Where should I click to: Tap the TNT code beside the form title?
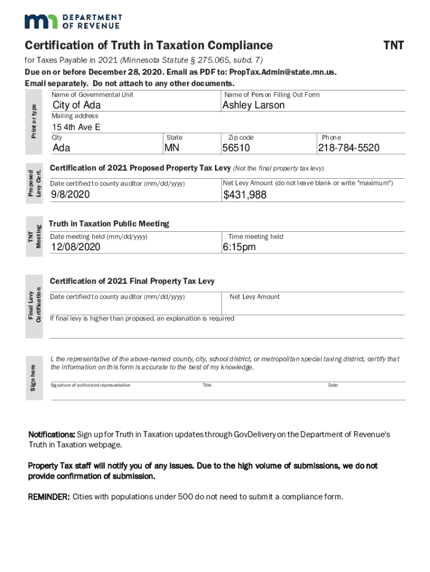(393, 45)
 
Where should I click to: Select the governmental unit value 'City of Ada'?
(77, 106)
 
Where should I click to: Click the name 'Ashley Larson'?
(253, 105)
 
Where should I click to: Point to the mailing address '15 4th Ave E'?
(77, 127)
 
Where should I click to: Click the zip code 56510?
(236, 148)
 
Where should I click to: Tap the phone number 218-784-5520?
(348, 148)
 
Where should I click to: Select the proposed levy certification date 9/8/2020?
(70, 195)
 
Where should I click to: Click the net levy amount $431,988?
(245, 195)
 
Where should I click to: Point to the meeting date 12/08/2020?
(76, 247)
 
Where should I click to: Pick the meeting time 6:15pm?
(239, 247)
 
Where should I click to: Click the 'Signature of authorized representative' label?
(90, 385)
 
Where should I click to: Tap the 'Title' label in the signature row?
(207, 385)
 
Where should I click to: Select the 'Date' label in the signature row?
(333, 385)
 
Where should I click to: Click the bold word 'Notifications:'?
(51, 434)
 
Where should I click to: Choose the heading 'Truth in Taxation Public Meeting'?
(109, 223)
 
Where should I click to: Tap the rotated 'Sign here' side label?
(34, 377)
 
